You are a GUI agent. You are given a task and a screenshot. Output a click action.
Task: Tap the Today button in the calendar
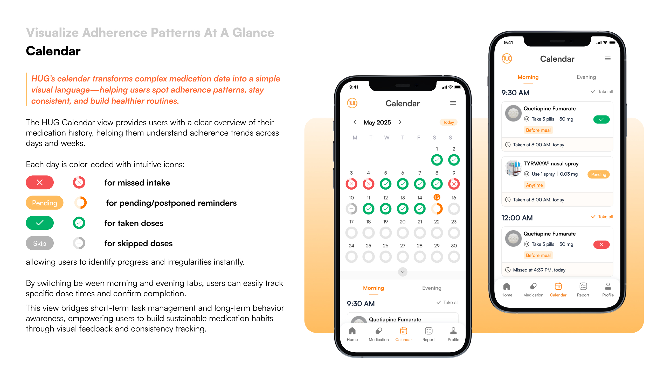(448, 122)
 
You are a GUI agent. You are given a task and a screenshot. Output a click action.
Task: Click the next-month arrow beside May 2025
(400, 122)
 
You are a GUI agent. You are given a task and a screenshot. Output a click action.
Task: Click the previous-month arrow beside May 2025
(355, 122)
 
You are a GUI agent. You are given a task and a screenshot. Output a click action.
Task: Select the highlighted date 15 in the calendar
(437, 197)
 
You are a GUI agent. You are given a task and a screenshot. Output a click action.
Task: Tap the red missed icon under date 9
(454, 184)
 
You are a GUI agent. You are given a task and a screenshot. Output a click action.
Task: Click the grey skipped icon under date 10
(351, 209)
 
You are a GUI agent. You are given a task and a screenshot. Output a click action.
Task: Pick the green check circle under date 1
(437, 160)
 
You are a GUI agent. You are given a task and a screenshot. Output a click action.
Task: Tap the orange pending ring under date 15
(437, 209)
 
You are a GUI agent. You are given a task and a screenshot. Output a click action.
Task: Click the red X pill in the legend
(40, 183)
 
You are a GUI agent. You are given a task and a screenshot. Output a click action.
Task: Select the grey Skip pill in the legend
(40, 243)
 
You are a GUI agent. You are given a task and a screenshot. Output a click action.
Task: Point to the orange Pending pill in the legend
(45, 203)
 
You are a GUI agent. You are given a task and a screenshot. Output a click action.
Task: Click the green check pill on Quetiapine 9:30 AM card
(601, 119)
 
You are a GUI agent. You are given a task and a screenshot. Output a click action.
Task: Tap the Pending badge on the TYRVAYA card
(599, 175)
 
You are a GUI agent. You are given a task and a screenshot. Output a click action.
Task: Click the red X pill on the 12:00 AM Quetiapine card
(601, 245)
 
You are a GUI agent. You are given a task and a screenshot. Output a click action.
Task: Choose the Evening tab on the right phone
(586, 77)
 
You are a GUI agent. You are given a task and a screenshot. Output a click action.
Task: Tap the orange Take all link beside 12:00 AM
(602, 217)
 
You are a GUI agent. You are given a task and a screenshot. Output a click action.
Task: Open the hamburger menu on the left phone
(453, 103)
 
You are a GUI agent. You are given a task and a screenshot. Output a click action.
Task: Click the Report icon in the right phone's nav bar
(583, 286)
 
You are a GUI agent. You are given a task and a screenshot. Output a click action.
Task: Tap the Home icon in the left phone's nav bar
(352, 331)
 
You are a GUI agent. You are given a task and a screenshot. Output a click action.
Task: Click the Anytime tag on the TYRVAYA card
(534, 185)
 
